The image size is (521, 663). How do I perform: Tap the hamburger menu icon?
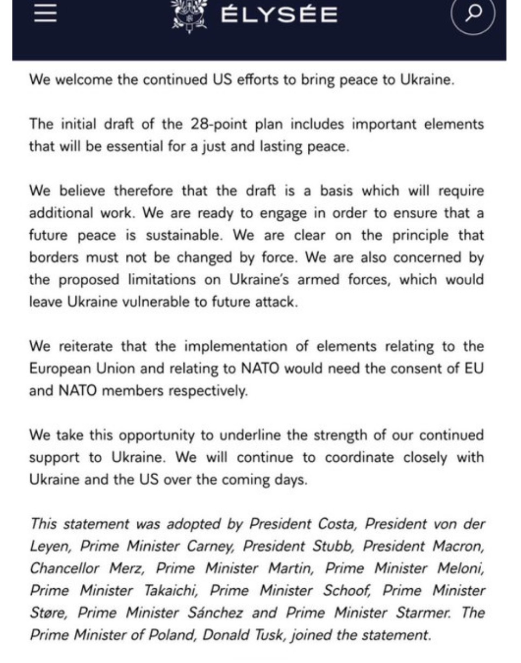(x=45, y=13)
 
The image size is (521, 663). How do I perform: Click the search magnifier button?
(x=473, y=15)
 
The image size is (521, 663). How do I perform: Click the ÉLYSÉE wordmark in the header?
(x=279, y=15)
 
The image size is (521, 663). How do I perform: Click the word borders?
(x=52, y=258)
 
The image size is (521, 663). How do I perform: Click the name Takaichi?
(x=170, y=590)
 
